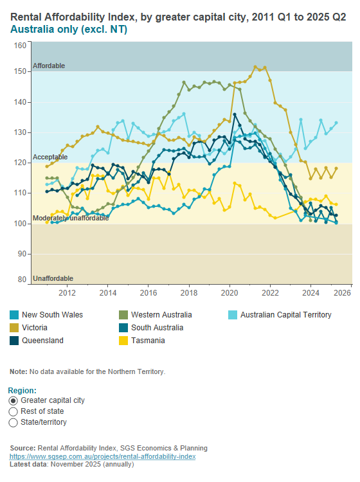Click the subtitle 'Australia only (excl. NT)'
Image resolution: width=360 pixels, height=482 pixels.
(67, 30)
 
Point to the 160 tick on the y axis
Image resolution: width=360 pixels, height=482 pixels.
(20, 46)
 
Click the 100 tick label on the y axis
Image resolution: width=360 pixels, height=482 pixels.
(20, 224)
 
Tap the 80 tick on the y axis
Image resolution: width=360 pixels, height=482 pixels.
(22, 280)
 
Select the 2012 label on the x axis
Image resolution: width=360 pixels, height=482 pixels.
(67, 292)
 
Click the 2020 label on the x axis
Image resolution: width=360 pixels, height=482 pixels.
(230, 292)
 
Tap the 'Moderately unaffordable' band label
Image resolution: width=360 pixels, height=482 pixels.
(71, 218)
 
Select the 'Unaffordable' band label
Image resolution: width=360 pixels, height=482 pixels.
(53, 278)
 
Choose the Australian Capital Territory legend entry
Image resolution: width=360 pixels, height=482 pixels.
(281, 315)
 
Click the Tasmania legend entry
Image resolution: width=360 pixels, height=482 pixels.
(147, 341)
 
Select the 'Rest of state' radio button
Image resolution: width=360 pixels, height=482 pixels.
(14, 411)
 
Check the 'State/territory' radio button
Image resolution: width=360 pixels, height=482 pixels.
(14, 422)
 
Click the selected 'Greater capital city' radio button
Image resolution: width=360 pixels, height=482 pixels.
(14, 400)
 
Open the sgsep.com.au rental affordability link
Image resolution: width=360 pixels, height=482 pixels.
(102, 456)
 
